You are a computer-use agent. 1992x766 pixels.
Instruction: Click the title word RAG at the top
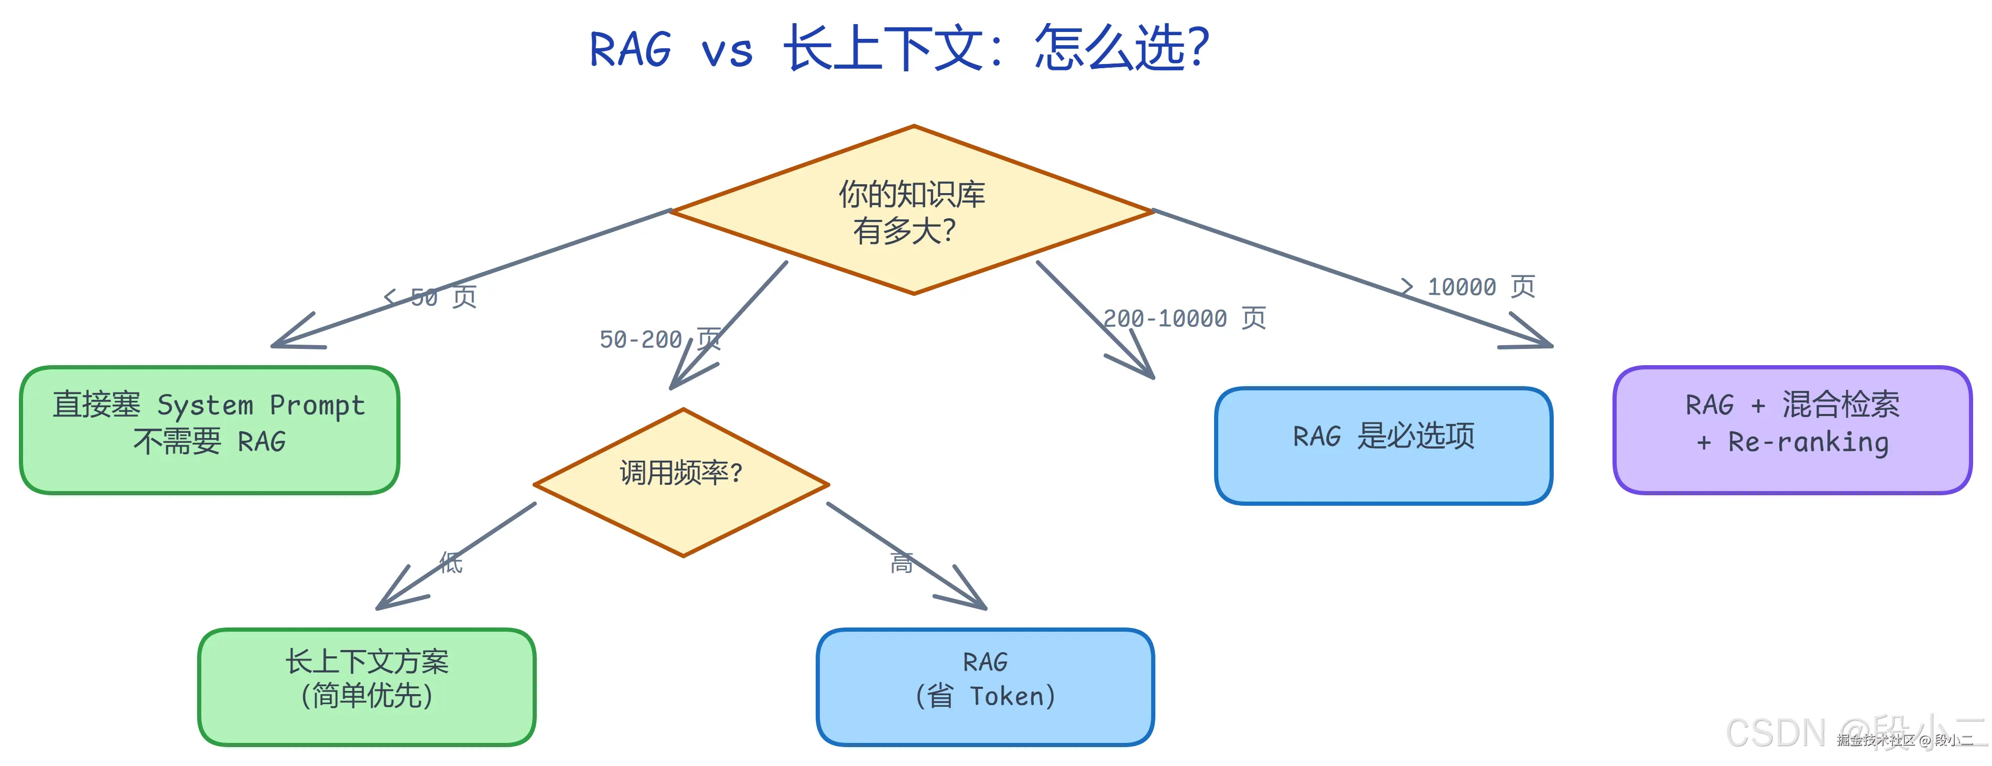point(630,49)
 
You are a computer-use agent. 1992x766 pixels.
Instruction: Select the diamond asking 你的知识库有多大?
point(913,210)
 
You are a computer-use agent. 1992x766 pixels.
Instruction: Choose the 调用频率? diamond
point(681,483)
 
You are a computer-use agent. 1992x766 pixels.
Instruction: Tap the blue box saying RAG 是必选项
point(1383,445)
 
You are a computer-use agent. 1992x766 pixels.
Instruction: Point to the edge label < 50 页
point(431,297)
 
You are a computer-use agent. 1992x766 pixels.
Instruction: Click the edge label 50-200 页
point(659,339)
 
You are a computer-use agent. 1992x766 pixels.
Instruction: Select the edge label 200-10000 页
point(1183,318)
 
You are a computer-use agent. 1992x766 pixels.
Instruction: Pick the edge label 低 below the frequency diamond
point(451,562)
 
